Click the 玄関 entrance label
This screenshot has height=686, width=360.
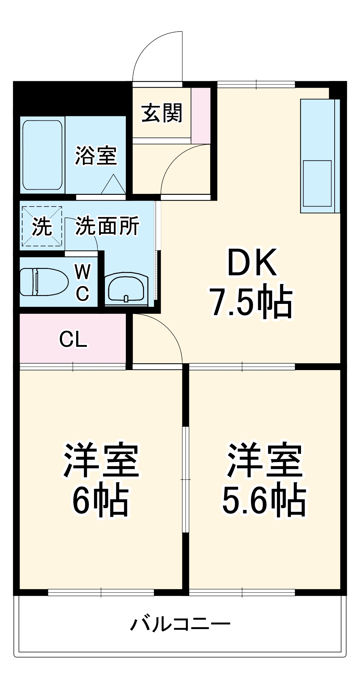(x=162, y=113)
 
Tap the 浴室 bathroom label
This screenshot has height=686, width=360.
(x=96, y=156)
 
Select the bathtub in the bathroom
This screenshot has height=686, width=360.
(x=42, y=155)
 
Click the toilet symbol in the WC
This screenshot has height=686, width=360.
(x=43, y=282)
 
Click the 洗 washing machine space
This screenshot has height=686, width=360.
(x=42, y=226)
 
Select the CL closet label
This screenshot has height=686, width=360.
(x=73, y=339)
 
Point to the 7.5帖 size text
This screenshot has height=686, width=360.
(x=252, y=301)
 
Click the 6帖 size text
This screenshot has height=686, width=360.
(x=100, y=500)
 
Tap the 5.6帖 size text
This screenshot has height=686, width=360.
(x=264, y=500)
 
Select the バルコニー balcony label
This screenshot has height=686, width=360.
(x=180, y=624)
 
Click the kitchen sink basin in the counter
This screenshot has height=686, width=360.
(x=317, y=184)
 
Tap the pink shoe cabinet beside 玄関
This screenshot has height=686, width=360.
(x=201, y=116)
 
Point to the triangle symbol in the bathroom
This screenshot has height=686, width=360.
(x=113, y=185)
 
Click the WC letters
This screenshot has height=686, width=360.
(x=83, y=282)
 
